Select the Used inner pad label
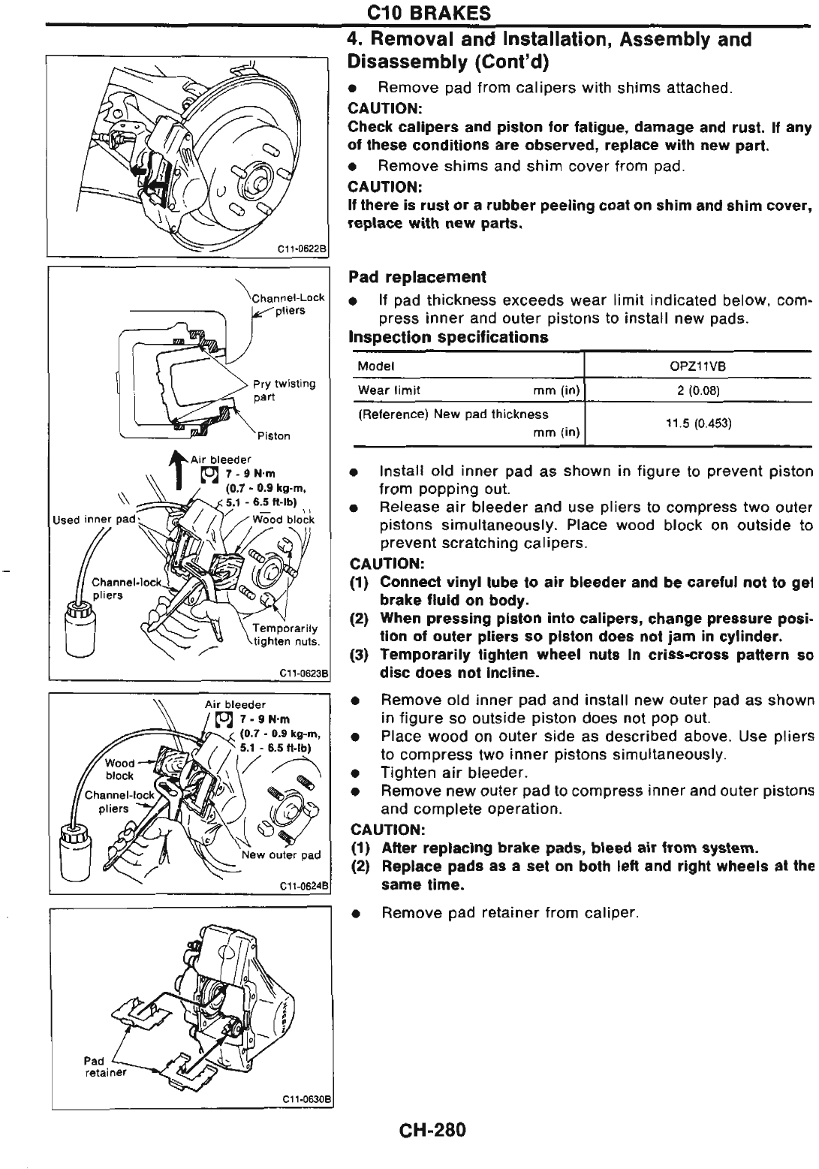pos(83,519)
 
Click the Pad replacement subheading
pos(417,277)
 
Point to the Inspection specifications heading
pos(448,337)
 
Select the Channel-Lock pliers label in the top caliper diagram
pos(288,303)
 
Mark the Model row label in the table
pos(376,366)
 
